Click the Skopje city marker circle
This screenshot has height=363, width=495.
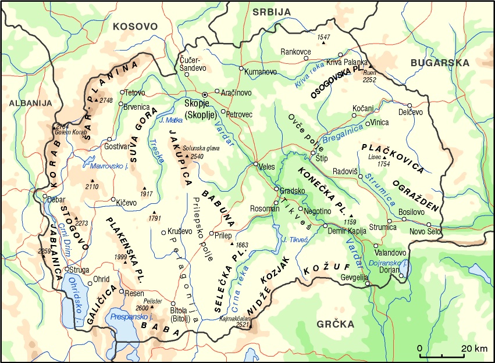click(x=204, y=95)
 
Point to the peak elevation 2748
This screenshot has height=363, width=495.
click(x=106, y=100)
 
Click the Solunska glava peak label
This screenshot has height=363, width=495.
click(x=201, y=149)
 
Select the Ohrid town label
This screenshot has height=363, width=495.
click(x=102, y=279)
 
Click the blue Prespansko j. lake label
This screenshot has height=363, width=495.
click(x=131, y=317)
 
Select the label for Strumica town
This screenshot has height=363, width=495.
click(x=383, y=227)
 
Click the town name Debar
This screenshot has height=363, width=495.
click(x=56, y=198)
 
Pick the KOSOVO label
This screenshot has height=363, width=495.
click(x=136, y=26)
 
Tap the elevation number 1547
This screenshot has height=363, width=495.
click(x=323, y=37)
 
